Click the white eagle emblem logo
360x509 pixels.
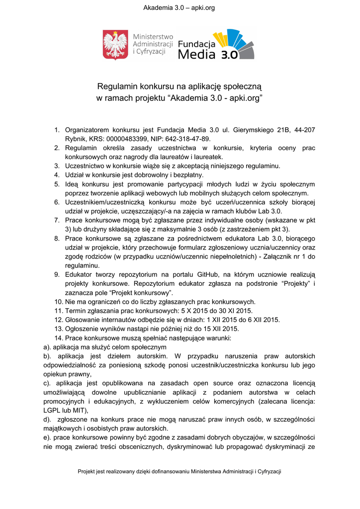pos(115,45)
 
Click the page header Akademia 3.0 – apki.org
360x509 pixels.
pos(179,8)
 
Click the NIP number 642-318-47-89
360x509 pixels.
pos(189,139)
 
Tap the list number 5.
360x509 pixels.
pos(57,184)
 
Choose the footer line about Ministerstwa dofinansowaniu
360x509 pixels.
pos(180,471)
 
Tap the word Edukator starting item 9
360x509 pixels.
pos(81,274)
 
